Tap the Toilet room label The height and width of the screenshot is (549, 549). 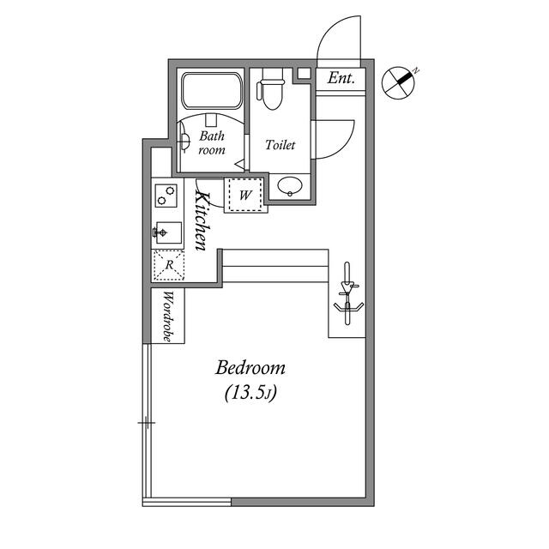[x=280, y=145]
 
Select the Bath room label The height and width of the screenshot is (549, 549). [x=212, y=142]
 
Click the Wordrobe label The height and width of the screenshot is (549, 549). [x=168, y=317]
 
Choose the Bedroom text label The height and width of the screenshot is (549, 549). [x=250, y=368]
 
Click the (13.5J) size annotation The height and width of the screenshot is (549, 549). [x=250, y=394]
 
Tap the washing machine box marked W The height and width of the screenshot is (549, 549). [x=245, y=195]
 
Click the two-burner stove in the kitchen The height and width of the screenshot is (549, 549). [x=165, y=196]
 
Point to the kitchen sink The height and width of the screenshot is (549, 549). [x=166, y=232]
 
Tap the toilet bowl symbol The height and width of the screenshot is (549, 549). [x=271, y=93]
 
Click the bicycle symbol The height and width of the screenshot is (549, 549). [x=347, y=293]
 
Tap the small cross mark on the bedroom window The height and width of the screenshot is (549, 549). [x=147, y=423]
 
